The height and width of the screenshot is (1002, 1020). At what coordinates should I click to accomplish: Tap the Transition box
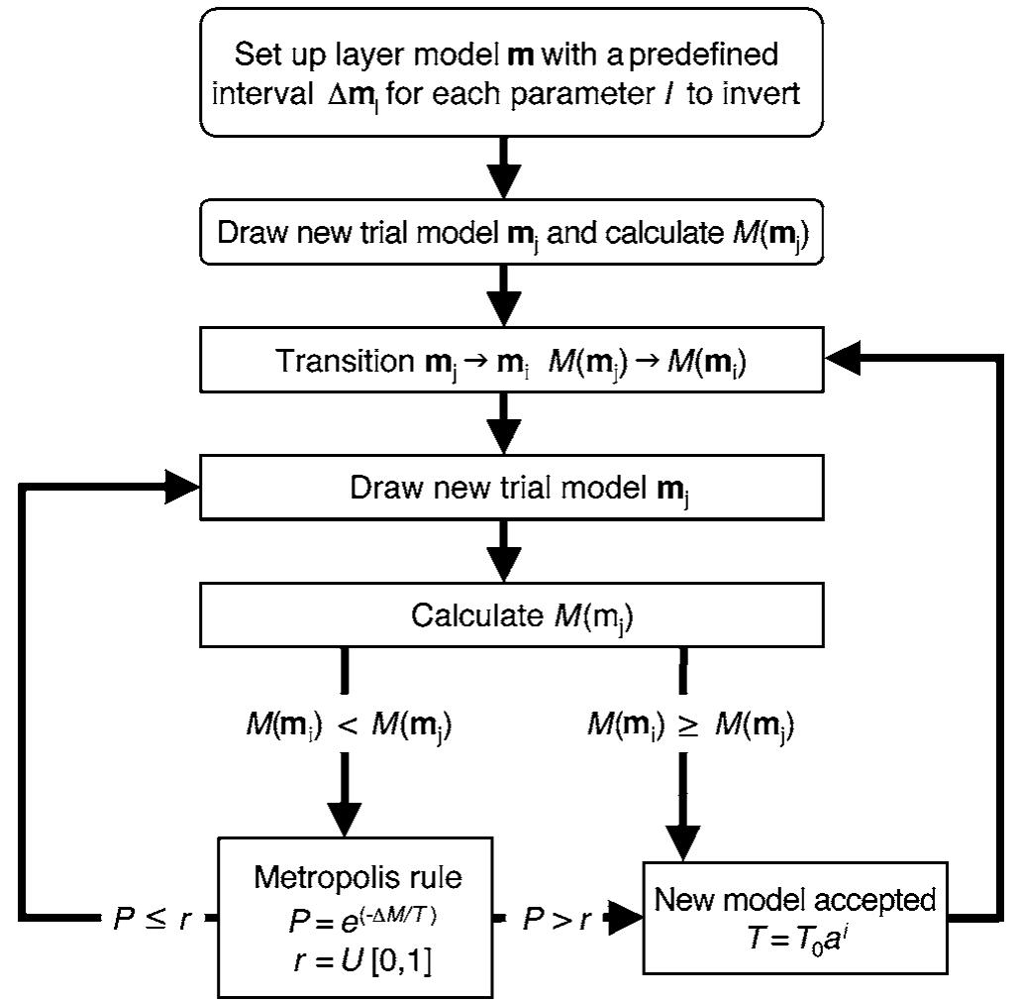click(x=511, y=362)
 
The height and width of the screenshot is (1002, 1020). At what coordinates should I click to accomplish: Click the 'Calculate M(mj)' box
click(x=511, y=616)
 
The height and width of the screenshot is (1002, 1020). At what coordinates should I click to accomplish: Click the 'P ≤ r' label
click(x=152, y=920)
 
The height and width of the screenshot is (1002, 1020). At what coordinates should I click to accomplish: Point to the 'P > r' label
click(x=557, y=920)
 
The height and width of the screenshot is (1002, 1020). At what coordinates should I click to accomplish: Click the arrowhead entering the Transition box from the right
click(x=844, y=362)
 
